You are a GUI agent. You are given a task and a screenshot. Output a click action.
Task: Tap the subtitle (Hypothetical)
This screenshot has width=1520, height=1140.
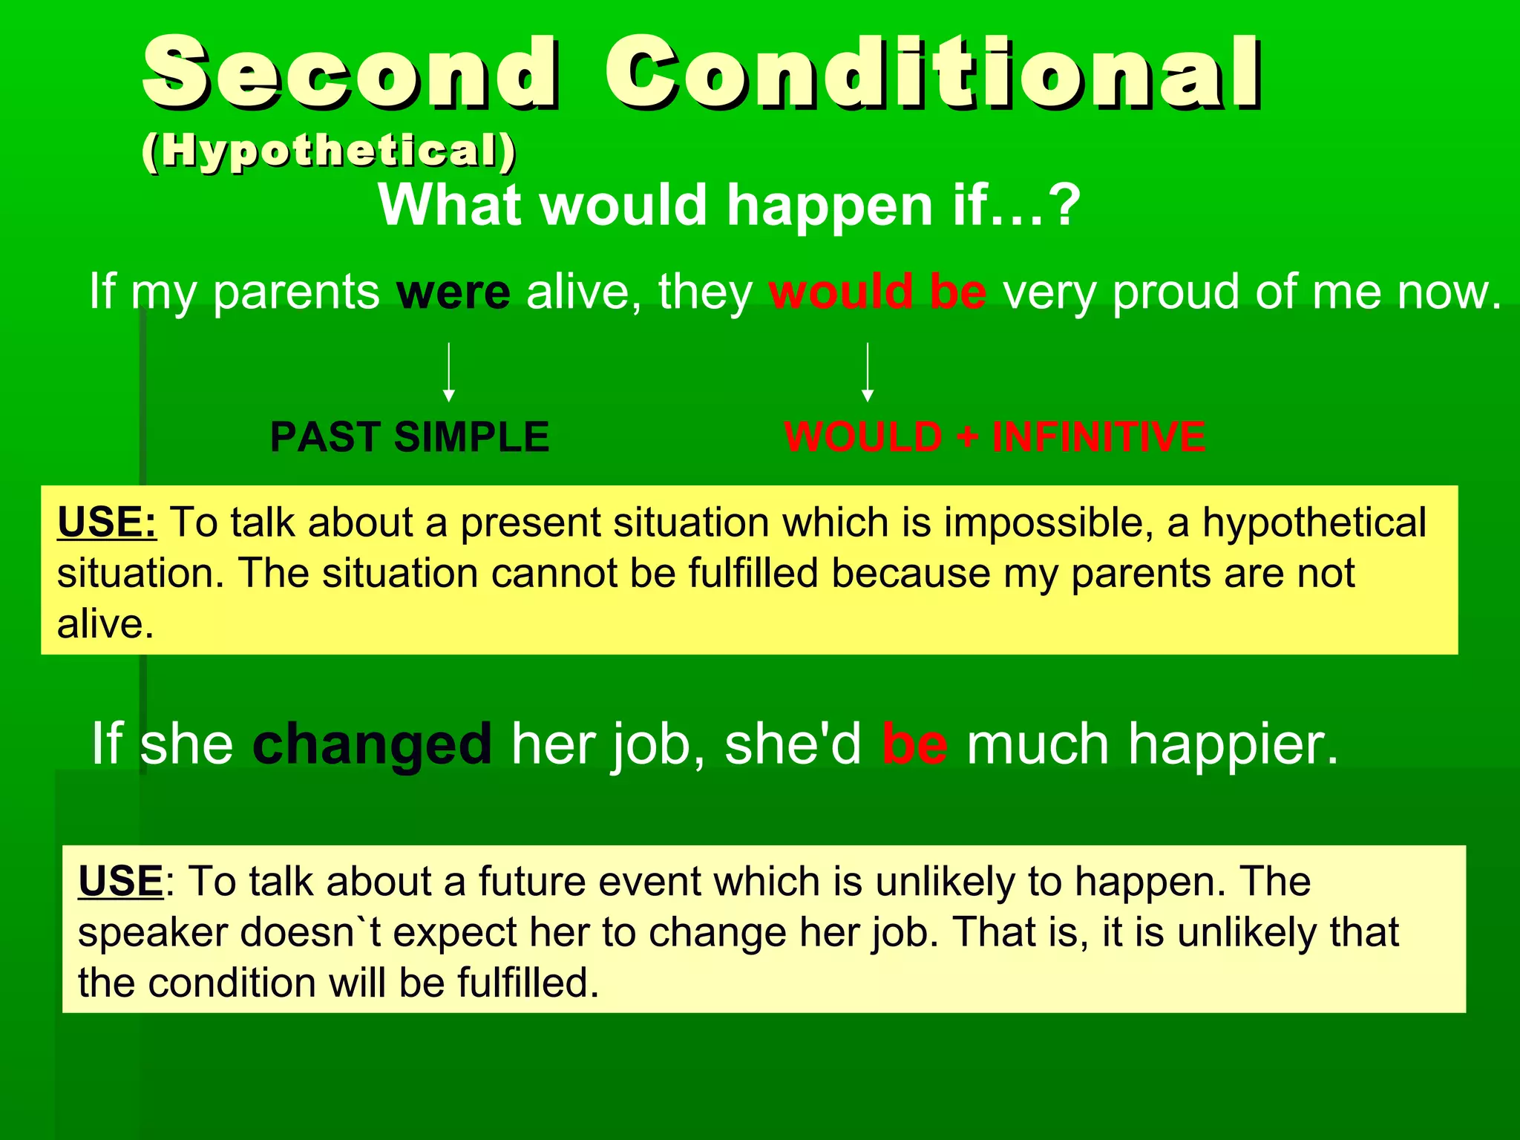[329, 151]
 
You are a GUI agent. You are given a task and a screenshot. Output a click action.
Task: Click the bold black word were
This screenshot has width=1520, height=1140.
[453, 292]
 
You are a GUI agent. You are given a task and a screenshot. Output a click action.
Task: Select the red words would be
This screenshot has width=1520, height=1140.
[877, 292]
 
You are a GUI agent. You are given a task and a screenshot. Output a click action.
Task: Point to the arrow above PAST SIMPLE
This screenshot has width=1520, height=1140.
[448, 371]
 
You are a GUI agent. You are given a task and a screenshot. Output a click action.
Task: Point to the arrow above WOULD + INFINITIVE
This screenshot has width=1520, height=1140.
[867, 371]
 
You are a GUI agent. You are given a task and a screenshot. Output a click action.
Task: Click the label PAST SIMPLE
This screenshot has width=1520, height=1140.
[409, 436]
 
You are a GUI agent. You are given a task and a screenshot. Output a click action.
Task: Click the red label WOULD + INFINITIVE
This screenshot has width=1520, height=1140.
[995, 436]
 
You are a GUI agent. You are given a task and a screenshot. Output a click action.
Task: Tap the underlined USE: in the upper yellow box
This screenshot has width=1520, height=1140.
[107, 522]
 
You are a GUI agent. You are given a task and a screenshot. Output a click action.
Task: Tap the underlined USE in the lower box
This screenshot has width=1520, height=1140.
[120, 882]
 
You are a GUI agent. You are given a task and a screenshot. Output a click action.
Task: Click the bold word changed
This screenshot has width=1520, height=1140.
[372, 744]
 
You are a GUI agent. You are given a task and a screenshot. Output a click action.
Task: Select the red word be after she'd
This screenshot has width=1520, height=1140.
[914, 744]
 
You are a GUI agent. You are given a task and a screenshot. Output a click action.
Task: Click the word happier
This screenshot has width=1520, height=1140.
[1233, 744]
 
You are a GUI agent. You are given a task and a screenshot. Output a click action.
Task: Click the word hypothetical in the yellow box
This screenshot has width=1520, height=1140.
[1314, 523]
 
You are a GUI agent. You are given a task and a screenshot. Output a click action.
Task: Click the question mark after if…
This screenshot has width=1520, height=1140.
[1067, 205]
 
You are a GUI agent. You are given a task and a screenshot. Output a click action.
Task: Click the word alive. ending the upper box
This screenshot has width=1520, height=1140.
[105, 623]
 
